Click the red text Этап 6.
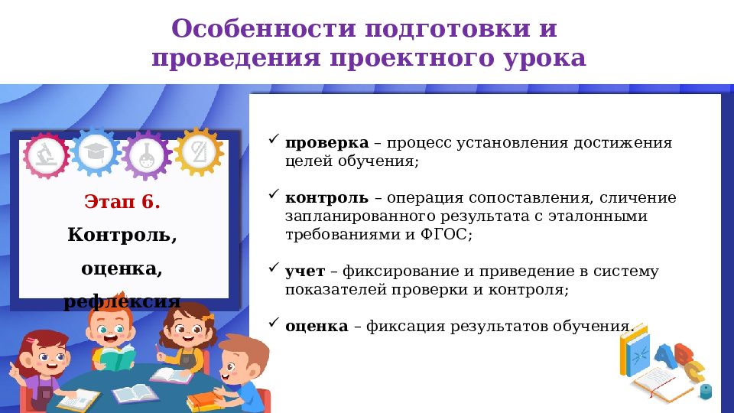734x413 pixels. coord(122,202)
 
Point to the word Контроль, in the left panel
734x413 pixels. coord(122,234)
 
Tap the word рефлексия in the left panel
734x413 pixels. coord(122,301)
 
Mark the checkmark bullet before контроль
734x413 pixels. coord(274,196)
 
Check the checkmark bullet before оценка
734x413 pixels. coord(274,324)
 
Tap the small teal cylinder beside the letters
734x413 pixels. coord(705,392)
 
